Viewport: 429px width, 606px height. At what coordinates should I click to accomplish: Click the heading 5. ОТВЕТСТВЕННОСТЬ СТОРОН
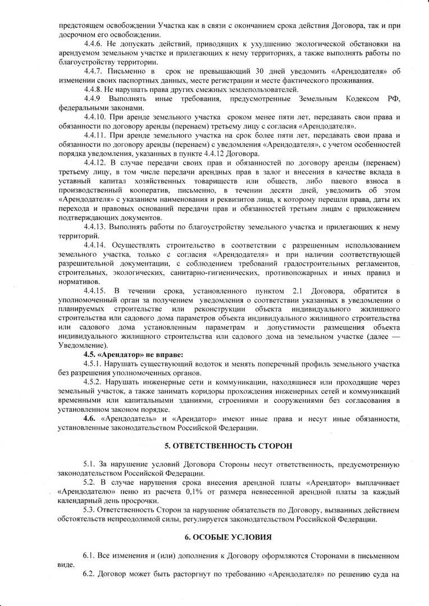tap(228, 446)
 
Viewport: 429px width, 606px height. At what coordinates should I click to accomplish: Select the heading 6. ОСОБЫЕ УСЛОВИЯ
tap(228, 537)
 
